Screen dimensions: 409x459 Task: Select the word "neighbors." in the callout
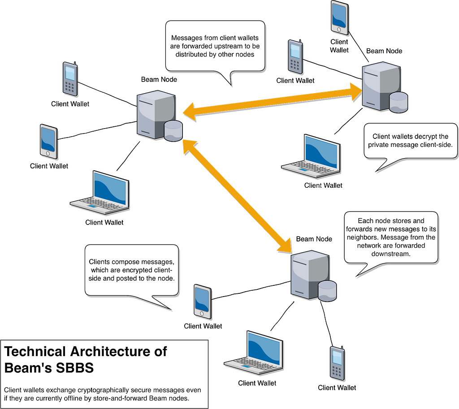coord(367,237)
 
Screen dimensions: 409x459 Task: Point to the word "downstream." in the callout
coord(391,254)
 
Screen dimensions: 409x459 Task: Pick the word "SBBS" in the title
coord(72,368)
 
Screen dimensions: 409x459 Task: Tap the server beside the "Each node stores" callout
coord(310,274)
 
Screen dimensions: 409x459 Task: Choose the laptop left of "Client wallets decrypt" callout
coord(312,155)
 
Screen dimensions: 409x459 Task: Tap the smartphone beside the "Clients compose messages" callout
coord(202,301)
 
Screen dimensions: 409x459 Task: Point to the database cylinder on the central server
coord(173,130)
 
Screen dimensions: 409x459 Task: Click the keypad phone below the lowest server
coord(337,362)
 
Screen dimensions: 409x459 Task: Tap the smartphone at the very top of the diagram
coord(339,17)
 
